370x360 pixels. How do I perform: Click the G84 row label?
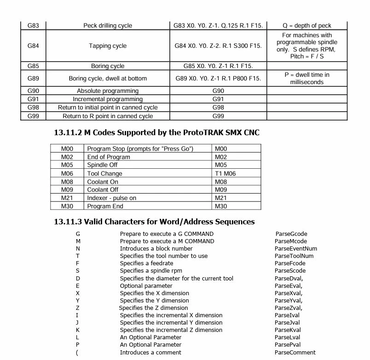tap(33, 46)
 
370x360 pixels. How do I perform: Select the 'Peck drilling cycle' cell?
tap(108, 26)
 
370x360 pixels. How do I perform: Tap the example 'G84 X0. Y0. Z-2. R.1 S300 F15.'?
tap(218, 46)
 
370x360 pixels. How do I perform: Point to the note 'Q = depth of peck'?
tap(306, 26)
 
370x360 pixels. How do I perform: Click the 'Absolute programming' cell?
tap(108, 91)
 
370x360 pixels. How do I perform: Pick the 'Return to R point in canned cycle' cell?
tap(108, 116)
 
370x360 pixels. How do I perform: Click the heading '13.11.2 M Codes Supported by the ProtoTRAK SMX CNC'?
tap(156, 133)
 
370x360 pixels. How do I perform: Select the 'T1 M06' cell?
tap(225, 173)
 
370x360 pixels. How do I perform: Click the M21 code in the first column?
tap(67, 198)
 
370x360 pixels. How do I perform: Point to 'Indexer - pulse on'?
tap(111, 198)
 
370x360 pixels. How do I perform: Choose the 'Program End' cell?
tap(105, 206)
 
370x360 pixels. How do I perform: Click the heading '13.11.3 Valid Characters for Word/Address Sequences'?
tap(154, 222)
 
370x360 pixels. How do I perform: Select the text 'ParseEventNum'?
tap(295, 249)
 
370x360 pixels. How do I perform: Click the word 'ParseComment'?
tap(295, 353)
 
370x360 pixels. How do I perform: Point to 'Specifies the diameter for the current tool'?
tap(176, 278)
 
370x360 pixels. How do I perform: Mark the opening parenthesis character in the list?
tap(77, 353)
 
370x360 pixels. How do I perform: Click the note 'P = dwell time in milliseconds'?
tap(306, 79)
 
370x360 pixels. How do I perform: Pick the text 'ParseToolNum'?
tap(294, 256)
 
